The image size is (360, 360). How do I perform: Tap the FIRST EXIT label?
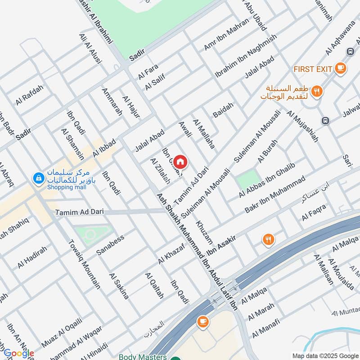click(x=312, y=69)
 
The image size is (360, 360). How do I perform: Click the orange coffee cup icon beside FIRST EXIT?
click(x=340, y=68)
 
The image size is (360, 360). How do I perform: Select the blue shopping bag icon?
click(x=38, y=179)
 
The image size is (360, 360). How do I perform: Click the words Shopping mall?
click(x=67, y=187)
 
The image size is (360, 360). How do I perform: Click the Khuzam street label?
click(x=204, y=232)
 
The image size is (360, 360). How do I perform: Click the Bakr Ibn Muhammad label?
click(x=274, y=195)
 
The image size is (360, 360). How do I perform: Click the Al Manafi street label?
click(x=265, y=328)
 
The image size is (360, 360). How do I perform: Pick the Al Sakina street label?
click(x=119, y=285)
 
